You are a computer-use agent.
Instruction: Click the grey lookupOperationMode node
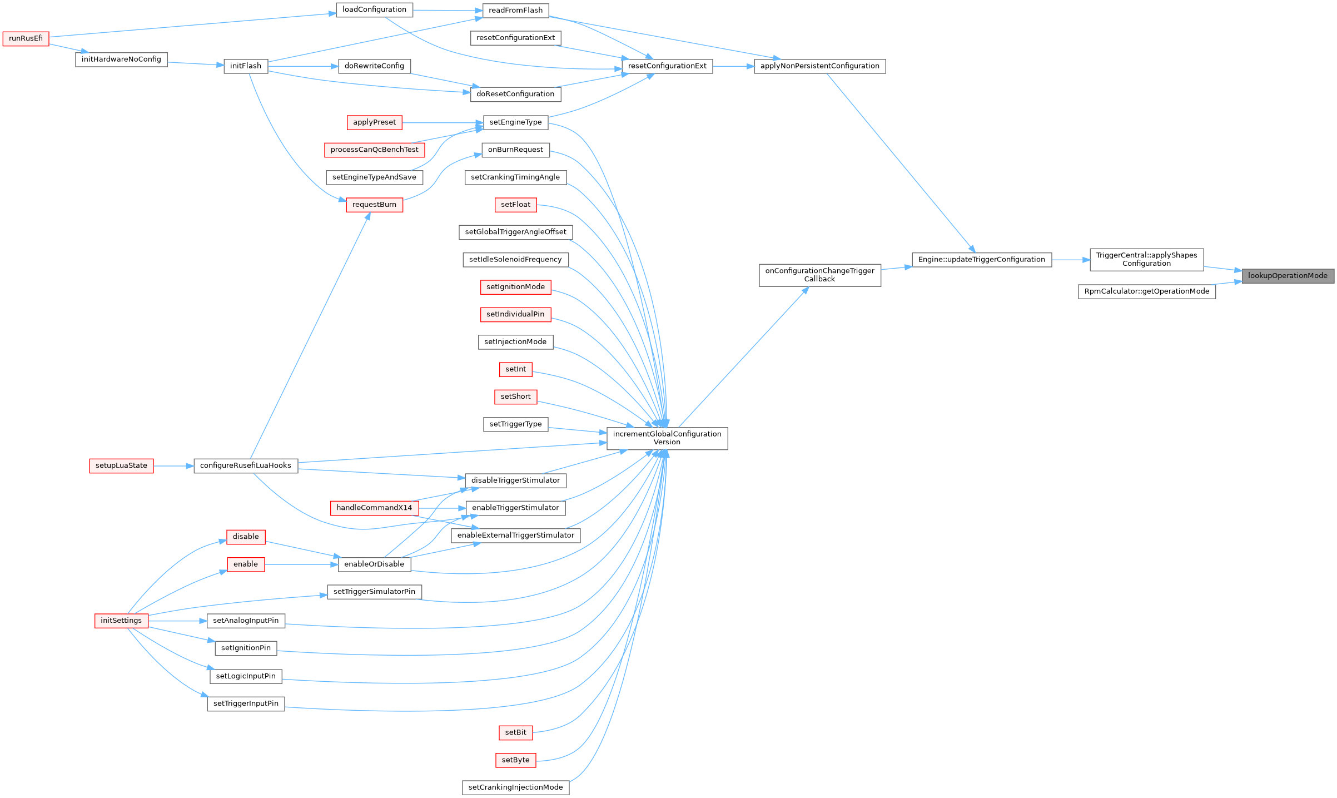pyautogui.click(x=1287, y=276)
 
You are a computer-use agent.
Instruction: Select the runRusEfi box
pyautogui.click(x=26, y=38)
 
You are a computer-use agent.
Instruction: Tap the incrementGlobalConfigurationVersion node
pyautogui.click(x=667, y=438)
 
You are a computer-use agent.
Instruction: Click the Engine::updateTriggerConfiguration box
pyautogui.click(x=981, y=260)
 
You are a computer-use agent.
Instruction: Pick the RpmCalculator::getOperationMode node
pyautogui.click(x=1146, y=291)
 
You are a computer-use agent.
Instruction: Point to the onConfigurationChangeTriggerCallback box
pyautogui.click(x=819, y=275)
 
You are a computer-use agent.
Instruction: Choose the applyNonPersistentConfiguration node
pyautogui.click(x=819, y=66)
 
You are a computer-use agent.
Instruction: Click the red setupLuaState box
pyautogui.click(x=121, y=466)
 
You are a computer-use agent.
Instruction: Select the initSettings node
pyautogui.click(x=121, y=621)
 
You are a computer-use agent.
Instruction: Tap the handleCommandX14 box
pyautogui.click(x=374, y=508)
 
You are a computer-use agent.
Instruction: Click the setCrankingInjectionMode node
pyautogui.click(x=515, y=787)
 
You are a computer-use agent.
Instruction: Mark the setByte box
pyautogui.click(x=515, y=760)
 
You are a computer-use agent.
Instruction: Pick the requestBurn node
pyautogui.click(x=374, y=205)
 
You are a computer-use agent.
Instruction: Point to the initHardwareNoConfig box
pyautogui.click(x=121, y=60)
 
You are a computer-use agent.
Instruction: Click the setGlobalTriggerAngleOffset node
pyautogui.click(x=515, y=232)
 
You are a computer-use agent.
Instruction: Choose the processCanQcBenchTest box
pyautogui.click(x=374, y=150)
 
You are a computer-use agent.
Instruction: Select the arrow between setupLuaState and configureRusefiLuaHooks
pyautogui.click(x=173, y=466)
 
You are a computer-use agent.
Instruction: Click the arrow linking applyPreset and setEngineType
pyautogui.click(x=442, y=122)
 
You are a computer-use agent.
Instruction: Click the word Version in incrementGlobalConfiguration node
pyautogui.click(x=667, y=443)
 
